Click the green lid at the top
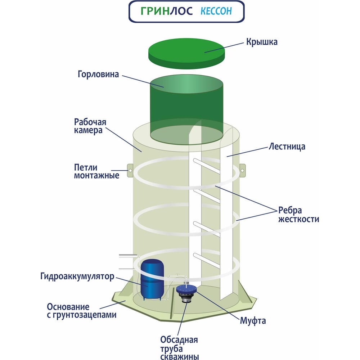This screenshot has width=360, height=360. [186, 53]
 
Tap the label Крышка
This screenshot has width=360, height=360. [262, 42]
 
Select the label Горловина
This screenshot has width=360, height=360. [98, 74]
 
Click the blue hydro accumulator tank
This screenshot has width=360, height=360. [152, 279]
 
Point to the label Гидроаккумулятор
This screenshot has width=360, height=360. [77, 276]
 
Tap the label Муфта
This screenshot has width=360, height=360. [253, 320]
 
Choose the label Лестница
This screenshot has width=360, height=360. [287, 147]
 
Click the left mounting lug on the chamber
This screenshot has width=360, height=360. [130, 170]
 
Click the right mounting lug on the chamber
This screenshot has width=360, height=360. [242, 171]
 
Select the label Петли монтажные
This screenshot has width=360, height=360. [96, 171]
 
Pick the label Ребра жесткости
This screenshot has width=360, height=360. [298, 215]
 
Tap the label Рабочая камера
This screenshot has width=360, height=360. [90, 126]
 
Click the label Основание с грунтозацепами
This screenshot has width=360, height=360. [81, 311]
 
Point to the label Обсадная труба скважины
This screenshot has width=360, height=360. [179, 348]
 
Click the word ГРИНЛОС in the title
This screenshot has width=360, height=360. [166, 11]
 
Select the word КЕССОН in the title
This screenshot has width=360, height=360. [216, 11]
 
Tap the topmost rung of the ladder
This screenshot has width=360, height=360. [207, 166]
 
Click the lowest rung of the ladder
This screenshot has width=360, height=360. [207, 260]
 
